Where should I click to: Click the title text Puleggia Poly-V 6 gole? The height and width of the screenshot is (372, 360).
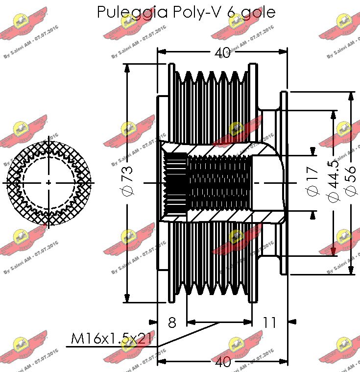(186, 12)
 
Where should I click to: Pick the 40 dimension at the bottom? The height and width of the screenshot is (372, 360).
(223, 362)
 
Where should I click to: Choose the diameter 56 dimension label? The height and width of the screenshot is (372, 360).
(351, 182)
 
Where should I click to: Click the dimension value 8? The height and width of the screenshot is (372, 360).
(172, 322)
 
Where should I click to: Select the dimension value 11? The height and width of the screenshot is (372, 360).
(270, 322)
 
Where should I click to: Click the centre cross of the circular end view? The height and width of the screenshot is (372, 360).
(48, 182)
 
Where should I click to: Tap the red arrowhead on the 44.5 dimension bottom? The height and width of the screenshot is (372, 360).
(334, 251)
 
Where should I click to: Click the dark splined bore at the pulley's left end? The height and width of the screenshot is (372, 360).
(175, 182)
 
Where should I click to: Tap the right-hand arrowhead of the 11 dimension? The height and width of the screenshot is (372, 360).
(292, 322)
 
